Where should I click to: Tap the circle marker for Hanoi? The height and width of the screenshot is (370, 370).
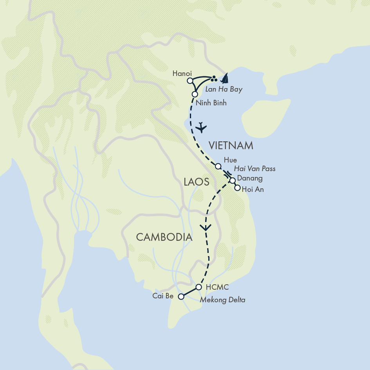click(190, 81)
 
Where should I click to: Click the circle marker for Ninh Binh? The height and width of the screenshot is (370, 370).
click(194, 94)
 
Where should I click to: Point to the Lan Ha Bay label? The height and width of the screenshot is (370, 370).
click(224, 90)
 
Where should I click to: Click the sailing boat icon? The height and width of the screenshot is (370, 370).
click(225, 78)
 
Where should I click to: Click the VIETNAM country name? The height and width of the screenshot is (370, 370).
click(231, 146)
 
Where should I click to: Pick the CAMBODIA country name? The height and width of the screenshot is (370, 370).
click(164, 237)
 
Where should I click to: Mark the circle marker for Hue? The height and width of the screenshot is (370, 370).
click(218, 166)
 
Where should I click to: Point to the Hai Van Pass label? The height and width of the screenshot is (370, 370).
click(254, 169)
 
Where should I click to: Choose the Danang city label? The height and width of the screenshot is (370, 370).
click(250, 179)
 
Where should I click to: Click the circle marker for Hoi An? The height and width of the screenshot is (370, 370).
click(237, 188)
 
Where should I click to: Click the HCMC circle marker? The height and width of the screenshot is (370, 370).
click(199, 287)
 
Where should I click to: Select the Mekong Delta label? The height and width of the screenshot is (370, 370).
click(222, 300)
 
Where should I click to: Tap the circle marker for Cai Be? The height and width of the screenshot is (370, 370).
click(181, 297)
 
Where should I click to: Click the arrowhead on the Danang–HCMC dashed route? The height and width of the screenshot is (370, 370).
click(205, 227)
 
